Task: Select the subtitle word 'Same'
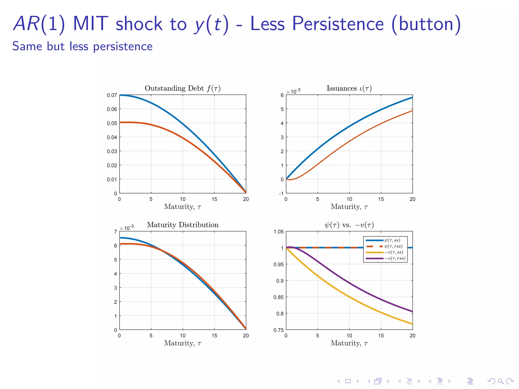27,46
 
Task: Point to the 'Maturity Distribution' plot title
182,225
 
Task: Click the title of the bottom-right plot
349,225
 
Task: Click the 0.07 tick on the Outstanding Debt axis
112,95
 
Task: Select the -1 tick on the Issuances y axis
281,193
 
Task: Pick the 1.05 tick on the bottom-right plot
279,232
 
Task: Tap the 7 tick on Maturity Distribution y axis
115,232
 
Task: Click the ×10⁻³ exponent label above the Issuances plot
293,91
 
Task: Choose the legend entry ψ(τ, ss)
392,240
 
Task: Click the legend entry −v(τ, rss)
395,258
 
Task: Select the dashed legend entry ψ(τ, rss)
393,246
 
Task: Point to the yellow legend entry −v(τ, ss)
394,252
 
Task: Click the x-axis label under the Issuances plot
349,207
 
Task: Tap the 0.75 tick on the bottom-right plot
279,330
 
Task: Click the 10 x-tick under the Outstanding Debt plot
182,199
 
